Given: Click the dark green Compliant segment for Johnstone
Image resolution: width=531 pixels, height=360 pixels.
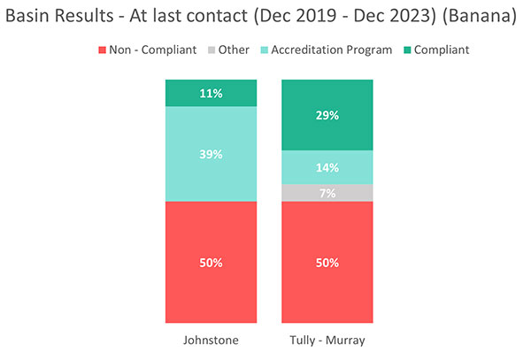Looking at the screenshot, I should click(x=212, y=92).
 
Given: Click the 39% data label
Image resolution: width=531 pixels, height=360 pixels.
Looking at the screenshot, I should click(x=212, y=154).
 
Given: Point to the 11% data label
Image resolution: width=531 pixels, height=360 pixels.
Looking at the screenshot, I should click(x=212, y=92).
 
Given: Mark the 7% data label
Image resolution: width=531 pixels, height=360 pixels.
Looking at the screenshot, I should click(x=327, y=193).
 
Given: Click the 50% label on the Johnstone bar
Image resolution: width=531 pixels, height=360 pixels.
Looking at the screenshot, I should click(x=212, y=264).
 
